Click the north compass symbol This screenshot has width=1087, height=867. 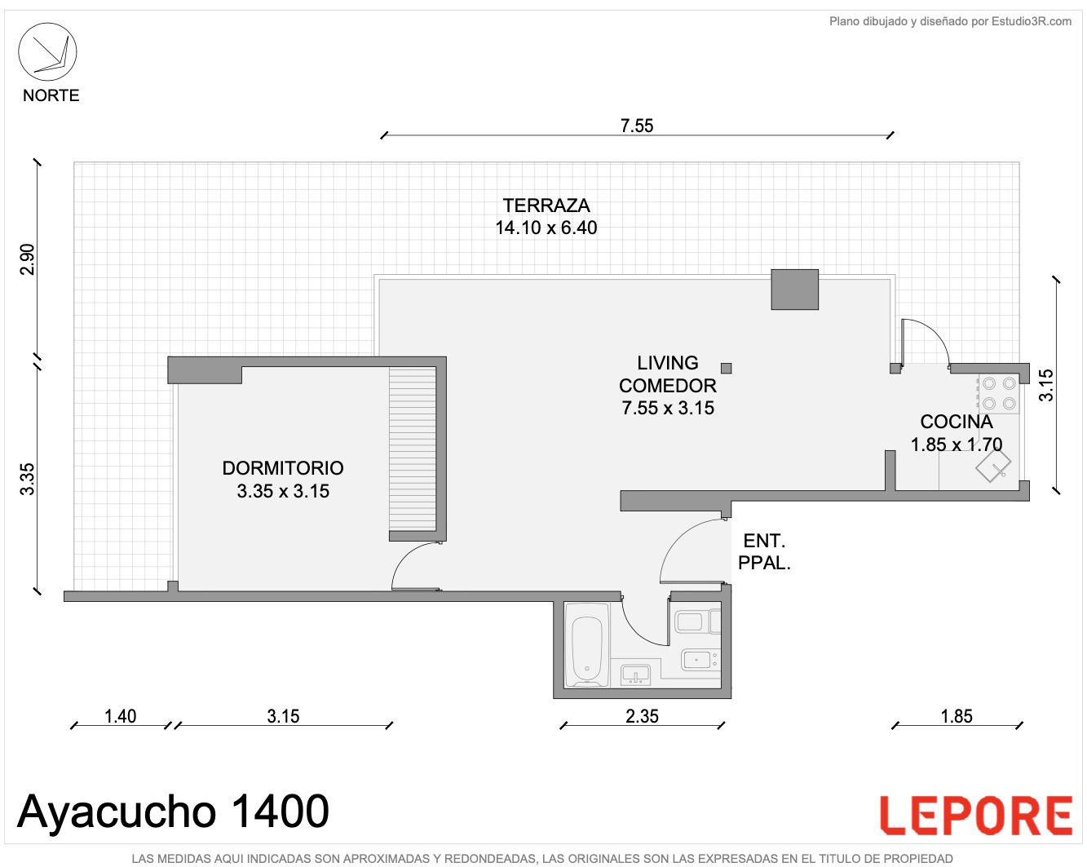(47, 51)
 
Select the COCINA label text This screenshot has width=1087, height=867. (957, 422)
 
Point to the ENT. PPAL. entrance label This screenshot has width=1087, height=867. (764, 551)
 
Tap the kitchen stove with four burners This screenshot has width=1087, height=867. (999, 394)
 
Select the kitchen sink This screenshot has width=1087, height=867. (993, 465)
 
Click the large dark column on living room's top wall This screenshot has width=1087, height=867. (794, 290)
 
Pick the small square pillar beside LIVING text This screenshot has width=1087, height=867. (727, 369)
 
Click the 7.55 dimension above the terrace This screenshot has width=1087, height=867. (636, 126)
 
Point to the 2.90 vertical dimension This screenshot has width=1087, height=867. (27, 259)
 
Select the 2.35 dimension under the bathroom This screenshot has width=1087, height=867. (642, 716)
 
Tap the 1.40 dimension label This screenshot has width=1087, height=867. (120, 716)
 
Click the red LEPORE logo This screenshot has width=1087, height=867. (976, 816)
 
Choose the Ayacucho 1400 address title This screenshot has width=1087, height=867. (173, 812)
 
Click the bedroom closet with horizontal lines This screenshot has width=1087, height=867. (412, 449)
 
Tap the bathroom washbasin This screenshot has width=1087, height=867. (635, 675)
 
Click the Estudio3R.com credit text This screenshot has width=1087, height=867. (950, 21)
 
